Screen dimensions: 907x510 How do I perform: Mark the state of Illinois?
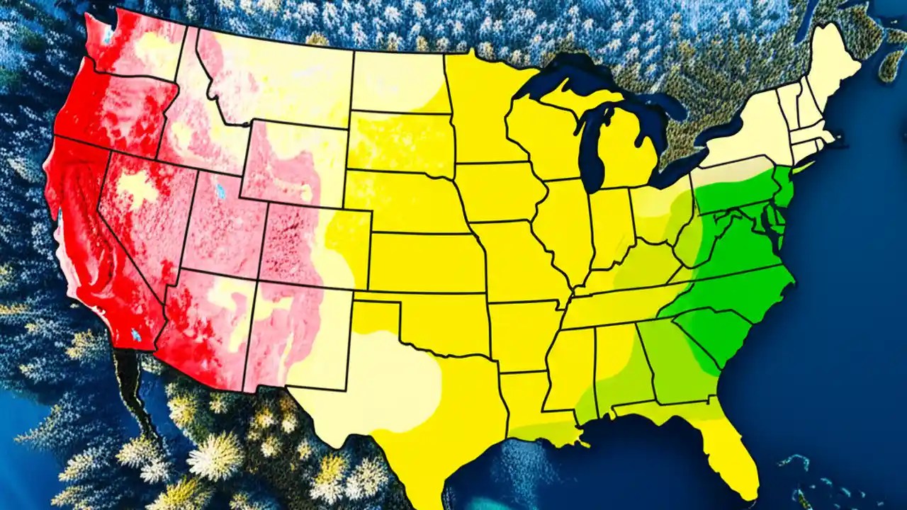[563, 227]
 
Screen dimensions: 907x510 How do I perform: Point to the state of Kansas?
[425, 262]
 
